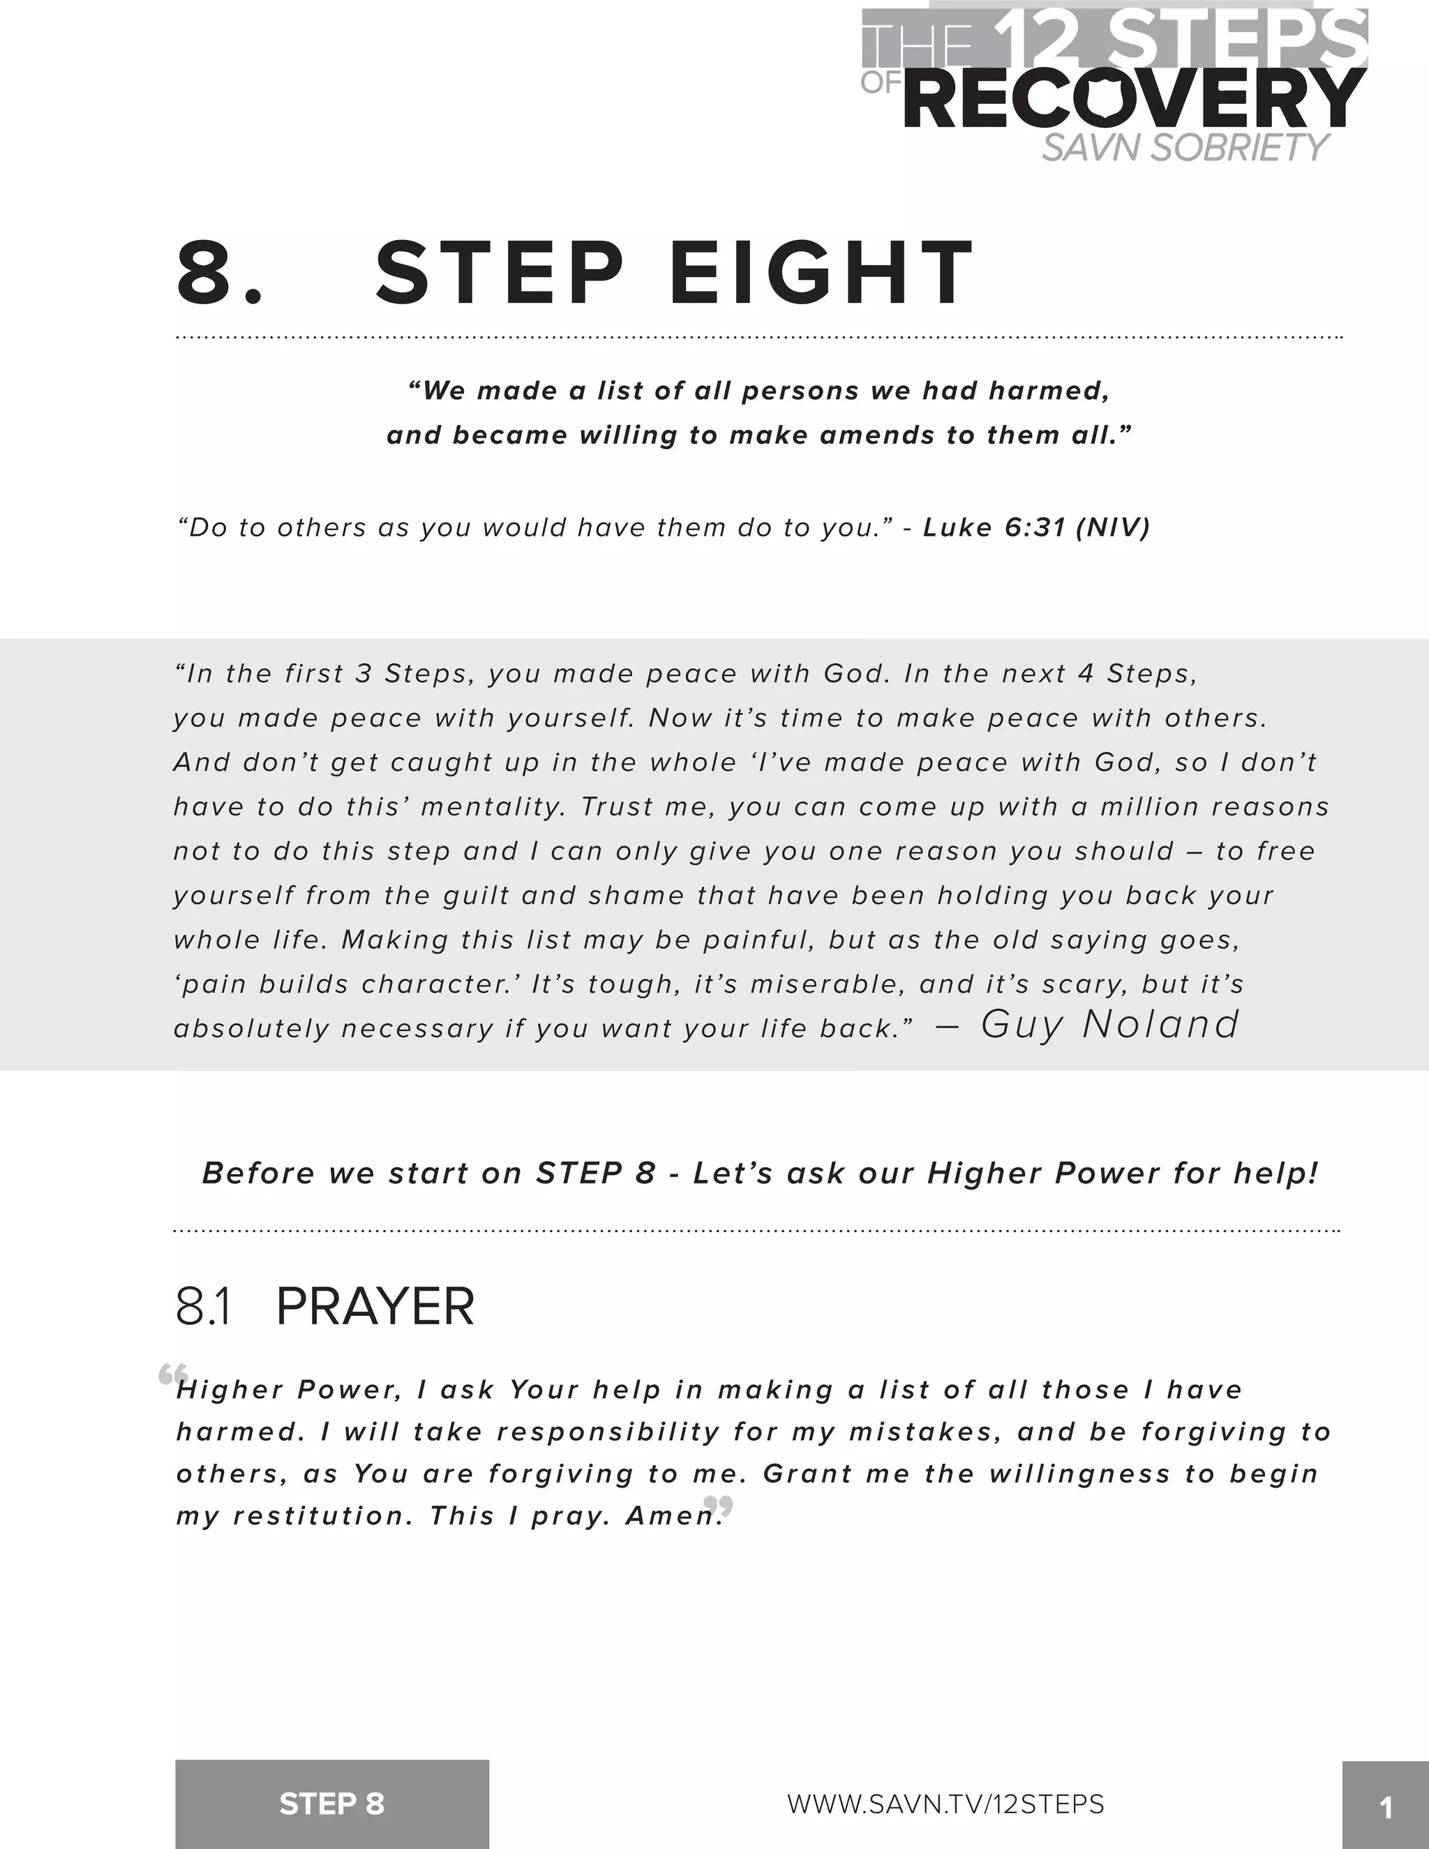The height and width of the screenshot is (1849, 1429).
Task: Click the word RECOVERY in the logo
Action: pos(1135,100)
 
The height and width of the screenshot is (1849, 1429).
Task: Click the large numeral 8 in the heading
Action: pos(207,273)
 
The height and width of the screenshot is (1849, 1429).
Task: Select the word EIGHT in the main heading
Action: pos(822,273)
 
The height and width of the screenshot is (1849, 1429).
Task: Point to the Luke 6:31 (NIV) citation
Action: pos(1036,527)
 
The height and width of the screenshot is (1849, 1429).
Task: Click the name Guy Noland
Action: pos(1110,1024)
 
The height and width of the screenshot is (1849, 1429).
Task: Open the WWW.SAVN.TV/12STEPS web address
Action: pos(945,1804)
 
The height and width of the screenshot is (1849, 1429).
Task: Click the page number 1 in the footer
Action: pos(1386,1809)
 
